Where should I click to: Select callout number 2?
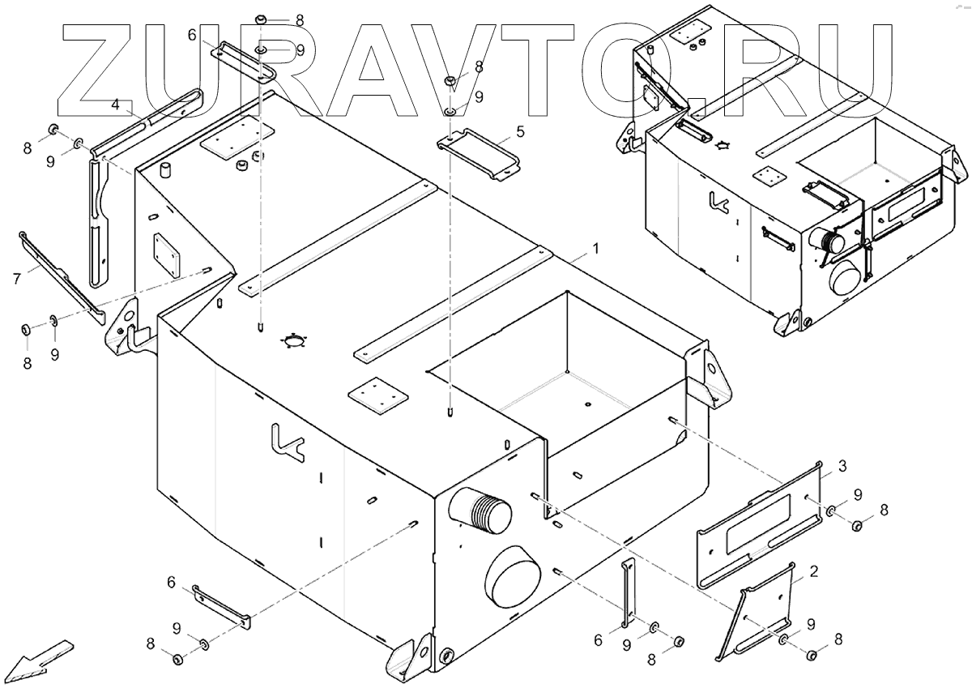[813, 571]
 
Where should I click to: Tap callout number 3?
[842, 466]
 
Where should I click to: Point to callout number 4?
[116, 105]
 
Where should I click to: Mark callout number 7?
[16, 279]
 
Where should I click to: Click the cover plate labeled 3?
[758, 527]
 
